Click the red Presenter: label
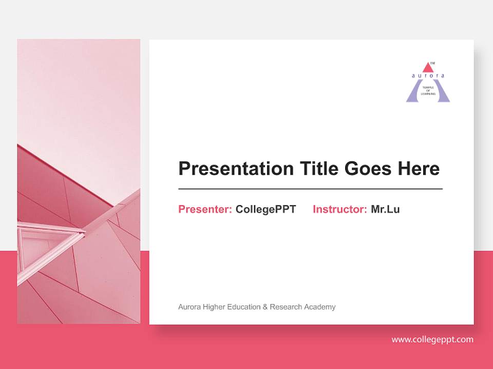point(205,209)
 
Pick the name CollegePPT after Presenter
point(266,209)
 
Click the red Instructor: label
point(339,209)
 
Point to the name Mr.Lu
point(385,209)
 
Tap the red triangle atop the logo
point(428,68)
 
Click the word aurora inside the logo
point(428,75)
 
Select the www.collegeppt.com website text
point(432,339)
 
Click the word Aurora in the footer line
point(189,307)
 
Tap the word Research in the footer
point(286,307)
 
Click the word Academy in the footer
point(319,307)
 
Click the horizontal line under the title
point(310,189)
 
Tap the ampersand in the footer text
point(266,307)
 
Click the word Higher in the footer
point(213,307)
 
